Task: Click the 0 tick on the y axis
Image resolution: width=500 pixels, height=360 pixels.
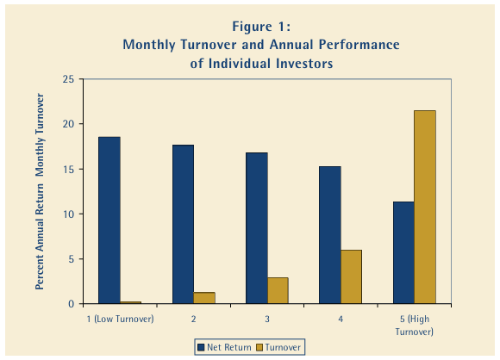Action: point(70,304)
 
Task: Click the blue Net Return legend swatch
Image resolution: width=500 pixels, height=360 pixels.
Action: point(199,346)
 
